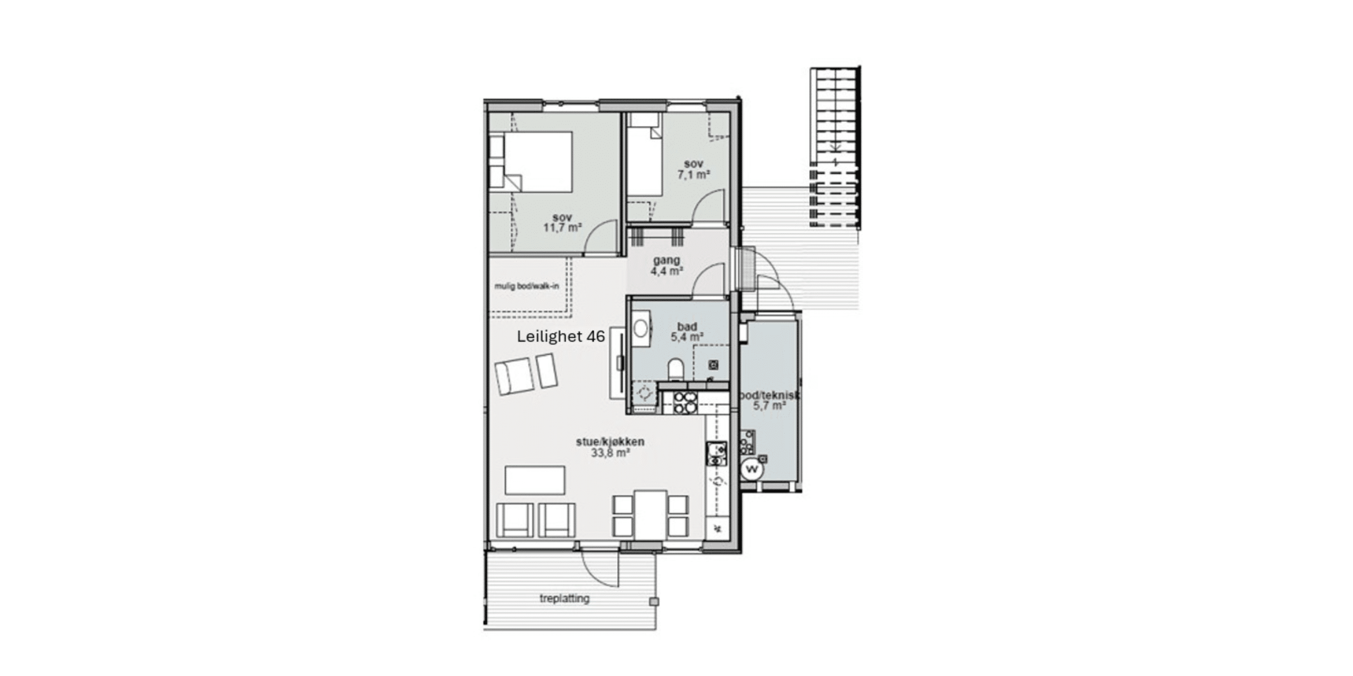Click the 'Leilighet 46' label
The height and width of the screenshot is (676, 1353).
(x=561, y=336)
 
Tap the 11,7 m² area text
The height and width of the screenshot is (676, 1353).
(x=563, y=228)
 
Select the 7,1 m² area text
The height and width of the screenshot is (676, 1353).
(x=693, y=174)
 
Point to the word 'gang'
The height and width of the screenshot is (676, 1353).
(x=666, y=260)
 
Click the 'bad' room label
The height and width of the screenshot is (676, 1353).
(x=687, y=327)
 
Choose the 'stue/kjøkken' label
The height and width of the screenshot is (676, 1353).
(x=610, y=442)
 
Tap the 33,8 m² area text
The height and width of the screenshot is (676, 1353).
(x=610, y=453)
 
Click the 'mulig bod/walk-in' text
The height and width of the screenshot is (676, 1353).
(x=526, y=286)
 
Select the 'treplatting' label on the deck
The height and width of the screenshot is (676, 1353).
(x=564, y=599)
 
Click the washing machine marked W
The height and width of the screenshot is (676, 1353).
(x=752, y=469)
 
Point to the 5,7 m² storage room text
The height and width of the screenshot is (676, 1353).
(x=769, y=406)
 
